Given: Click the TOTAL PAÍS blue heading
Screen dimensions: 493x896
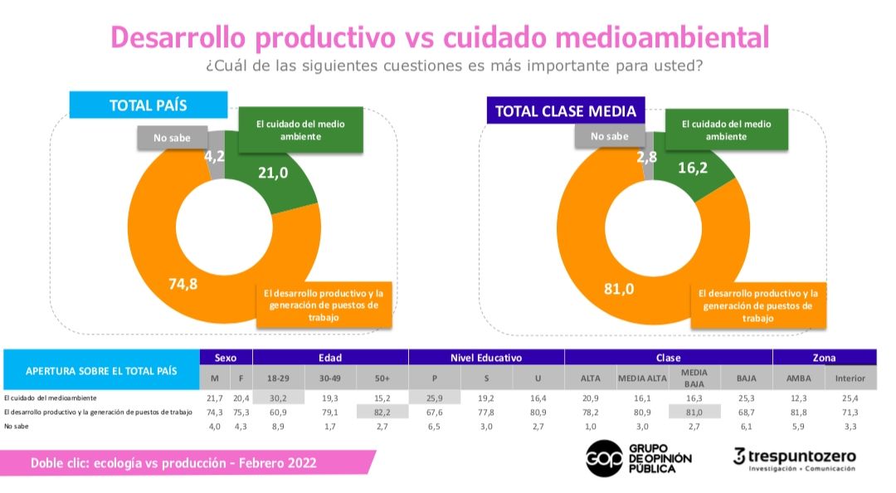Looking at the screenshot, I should [x=148, y=105].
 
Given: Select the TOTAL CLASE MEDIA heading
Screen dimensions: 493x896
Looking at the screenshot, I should [x=565, y=111].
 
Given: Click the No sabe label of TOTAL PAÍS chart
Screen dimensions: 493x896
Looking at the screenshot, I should [x=172, y=138].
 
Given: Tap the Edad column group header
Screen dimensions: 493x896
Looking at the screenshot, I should [x=330, y=358].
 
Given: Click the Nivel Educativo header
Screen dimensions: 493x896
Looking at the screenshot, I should [x=486, y=358].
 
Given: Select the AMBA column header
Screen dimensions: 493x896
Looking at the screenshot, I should [x=798, y=378].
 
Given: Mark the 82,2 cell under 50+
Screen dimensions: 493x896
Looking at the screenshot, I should [x=382, y=412].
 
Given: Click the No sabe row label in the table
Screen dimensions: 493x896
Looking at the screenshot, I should [x=16, y=426].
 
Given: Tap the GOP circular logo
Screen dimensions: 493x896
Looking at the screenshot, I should [x=604, y=457].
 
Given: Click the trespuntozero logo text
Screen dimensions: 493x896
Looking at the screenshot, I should [x=803, y=455].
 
